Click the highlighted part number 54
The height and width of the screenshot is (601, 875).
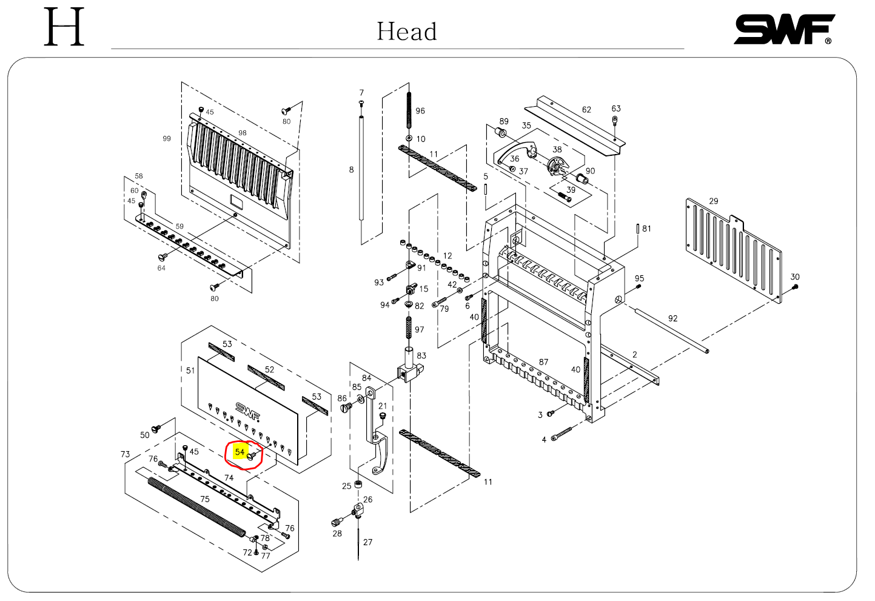coord(240,452)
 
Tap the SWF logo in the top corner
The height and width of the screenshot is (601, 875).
coord(784,30)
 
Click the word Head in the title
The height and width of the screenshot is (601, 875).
coord(407,32)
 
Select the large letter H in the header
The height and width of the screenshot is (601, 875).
coord(64,28)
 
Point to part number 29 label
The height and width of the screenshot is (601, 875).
coord(714,201)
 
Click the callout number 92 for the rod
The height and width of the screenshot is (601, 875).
coord(672,318)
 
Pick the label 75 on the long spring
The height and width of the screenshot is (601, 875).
coord(205,499)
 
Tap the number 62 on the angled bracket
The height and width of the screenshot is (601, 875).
coord(586,110)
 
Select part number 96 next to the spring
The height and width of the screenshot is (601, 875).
coord(420,111)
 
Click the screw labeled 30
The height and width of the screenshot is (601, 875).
coord(796,286)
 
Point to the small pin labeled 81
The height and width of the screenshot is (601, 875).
coord(638,229)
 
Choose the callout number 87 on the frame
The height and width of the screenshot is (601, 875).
coord(543,362)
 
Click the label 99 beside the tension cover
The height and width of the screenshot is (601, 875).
coord(167,138)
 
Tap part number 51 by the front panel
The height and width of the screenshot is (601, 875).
coord(190,371)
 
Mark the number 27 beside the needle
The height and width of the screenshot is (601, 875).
coord(368,542)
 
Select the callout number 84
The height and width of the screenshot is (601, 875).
coord(366,378)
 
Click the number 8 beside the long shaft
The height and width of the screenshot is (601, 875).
coord(351,170)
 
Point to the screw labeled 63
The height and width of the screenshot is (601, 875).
coord(615,119)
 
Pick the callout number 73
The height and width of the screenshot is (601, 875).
coord(126,454)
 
